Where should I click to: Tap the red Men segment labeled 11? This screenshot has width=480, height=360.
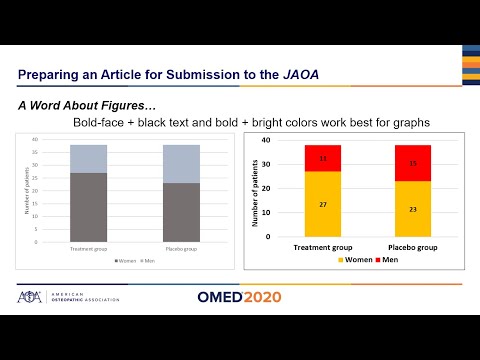323,158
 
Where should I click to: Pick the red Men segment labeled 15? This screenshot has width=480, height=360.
414,163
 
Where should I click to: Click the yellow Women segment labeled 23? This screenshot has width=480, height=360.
414,208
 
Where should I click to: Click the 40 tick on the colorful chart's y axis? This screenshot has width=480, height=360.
268,140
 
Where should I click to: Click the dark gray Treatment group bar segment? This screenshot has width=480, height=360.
89,207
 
